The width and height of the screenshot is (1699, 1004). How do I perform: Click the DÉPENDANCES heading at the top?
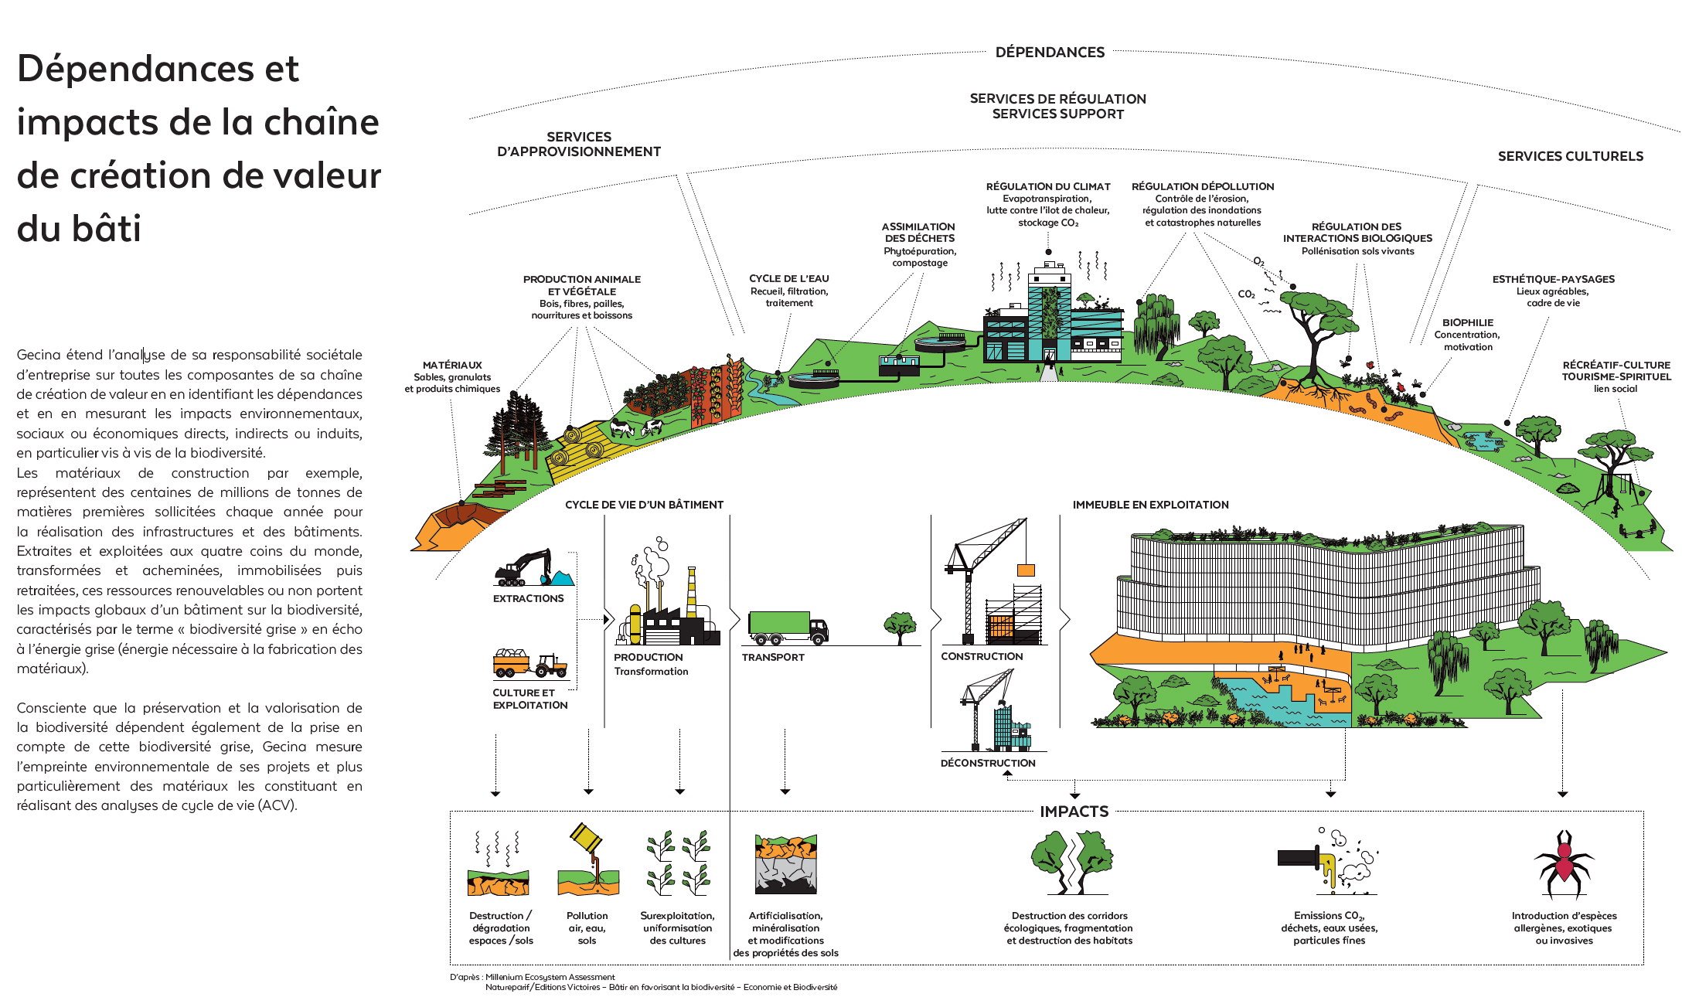[1050, 53]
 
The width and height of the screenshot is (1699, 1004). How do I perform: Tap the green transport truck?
[788, 628]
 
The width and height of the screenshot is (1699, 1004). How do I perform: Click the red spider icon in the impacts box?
[1564, 863]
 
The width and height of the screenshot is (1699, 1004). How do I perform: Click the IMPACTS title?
[1074, 812]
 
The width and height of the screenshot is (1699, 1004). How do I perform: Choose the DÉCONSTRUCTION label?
[988, 763]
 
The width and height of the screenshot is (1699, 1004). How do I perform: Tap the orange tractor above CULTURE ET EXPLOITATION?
[530, 664]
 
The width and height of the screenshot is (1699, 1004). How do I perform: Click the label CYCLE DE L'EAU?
[788, 279]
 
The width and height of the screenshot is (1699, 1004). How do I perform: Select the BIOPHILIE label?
[1467, 323]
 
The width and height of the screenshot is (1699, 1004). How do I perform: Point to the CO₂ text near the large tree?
[1246, 294]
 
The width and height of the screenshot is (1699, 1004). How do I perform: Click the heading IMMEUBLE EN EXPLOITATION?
[1150, 505]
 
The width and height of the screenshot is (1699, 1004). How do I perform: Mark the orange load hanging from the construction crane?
[1026, 570]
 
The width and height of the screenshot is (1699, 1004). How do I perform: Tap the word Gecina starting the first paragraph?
[39, 355]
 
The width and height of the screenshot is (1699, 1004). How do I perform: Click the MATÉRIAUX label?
[452, 365]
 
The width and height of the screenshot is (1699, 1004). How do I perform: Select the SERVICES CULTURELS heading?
[1571, 156]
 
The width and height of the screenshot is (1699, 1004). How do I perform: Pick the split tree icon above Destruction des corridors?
[1071, 862]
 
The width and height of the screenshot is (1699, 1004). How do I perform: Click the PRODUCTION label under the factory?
[648, 657]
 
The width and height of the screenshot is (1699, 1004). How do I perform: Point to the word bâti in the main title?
[79, 228]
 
